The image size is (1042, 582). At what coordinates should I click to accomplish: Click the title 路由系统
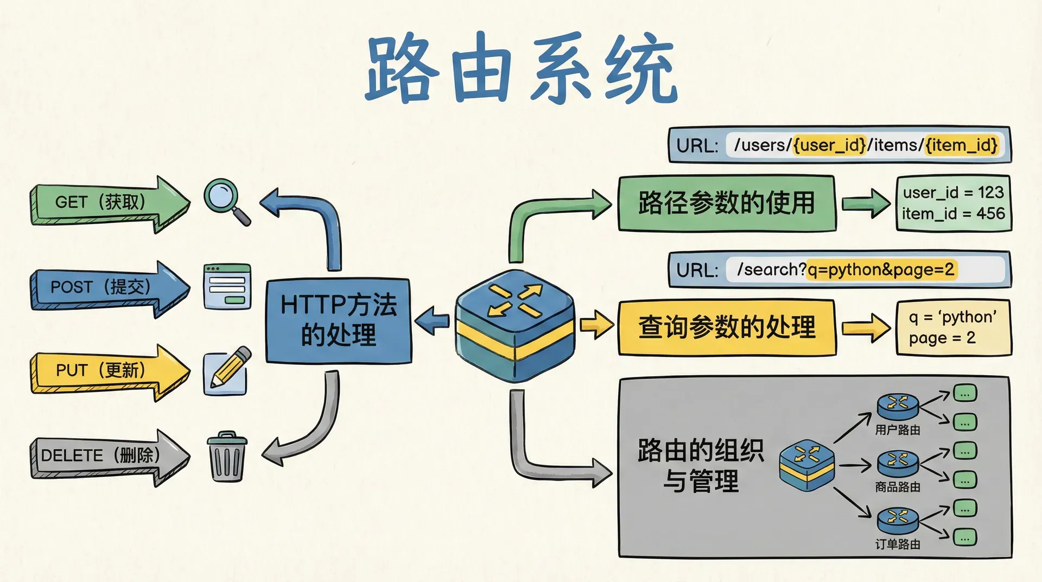coord(521,68)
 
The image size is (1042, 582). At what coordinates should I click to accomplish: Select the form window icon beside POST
coord(227,286)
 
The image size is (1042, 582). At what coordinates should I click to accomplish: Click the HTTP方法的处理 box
coord(338,320)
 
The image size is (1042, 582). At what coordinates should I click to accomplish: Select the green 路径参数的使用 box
coord(726,203)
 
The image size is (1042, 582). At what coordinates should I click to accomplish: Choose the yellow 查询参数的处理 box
coord(726,327)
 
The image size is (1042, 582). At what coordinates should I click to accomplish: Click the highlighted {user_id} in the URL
coord(829,145)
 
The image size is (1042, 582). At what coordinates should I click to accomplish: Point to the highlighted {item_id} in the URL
coord(962,145)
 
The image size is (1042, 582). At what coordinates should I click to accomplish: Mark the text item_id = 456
coord(953,213)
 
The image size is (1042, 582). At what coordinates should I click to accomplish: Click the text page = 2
coord(942,338)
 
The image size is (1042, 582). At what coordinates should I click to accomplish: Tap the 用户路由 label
coord(898,430)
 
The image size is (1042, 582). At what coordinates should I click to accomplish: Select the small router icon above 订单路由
coord(898,520)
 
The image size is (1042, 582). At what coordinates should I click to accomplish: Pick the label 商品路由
coord(898,487)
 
